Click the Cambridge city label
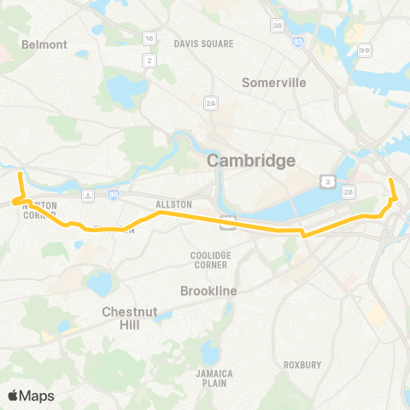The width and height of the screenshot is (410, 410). point(250,161)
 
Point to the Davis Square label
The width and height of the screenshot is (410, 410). point(198,43)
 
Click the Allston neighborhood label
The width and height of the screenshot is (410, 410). point(173,205)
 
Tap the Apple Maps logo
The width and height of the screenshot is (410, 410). point(32,395)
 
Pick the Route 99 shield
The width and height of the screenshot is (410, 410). point(365,51)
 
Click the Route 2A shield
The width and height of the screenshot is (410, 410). point(211,102)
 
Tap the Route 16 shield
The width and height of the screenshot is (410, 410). point(149,38)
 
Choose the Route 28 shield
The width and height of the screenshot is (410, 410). point(349,193)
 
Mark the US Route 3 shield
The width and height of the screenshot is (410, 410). point(327,180)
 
